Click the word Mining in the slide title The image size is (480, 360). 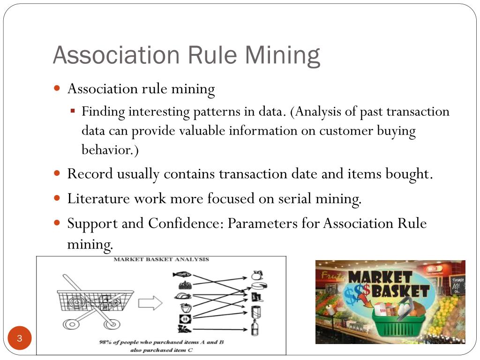tap(282, 55)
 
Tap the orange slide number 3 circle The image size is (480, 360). tap(20, 338)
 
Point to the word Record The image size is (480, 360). tap(90, 174)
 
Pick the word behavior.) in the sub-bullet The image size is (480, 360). tap(111, 150)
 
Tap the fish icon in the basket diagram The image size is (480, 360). tap(183, 275)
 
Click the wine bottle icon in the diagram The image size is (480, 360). tap(255, 328)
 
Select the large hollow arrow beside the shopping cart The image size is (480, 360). tap(150, 303)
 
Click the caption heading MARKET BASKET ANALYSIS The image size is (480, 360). tap(161, 259)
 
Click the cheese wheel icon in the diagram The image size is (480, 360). tap(257, 286)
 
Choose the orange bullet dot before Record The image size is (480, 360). tap(57, 173)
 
